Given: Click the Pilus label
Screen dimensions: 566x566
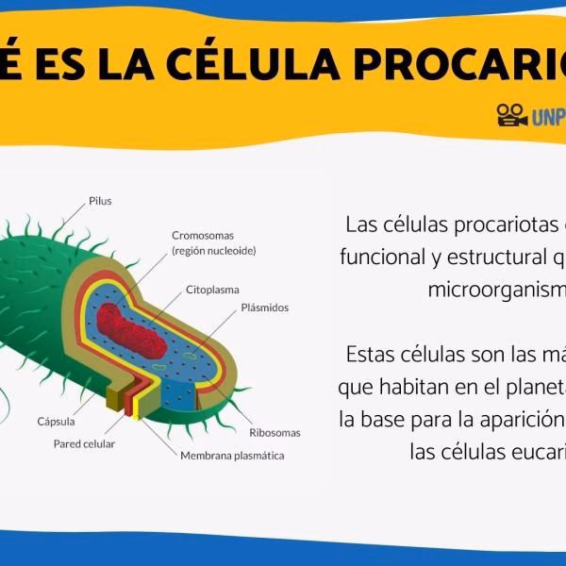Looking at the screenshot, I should click(100, 201).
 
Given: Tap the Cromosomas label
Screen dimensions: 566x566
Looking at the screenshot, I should click(203, 235).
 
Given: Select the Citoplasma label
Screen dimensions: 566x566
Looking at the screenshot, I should click(212, 290).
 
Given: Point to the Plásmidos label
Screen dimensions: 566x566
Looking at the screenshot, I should click(265, 308).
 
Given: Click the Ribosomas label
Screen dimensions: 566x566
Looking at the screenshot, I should click(275, 433).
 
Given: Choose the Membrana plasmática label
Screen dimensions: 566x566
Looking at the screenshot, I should click(232, 456).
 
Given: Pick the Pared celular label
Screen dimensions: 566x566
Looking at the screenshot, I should click(84, 443).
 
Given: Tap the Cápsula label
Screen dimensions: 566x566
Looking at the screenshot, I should click(56, 422).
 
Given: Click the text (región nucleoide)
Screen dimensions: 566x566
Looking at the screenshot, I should click(214, 251).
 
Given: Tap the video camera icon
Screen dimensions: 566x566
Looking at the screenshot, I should click(511, 115).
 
